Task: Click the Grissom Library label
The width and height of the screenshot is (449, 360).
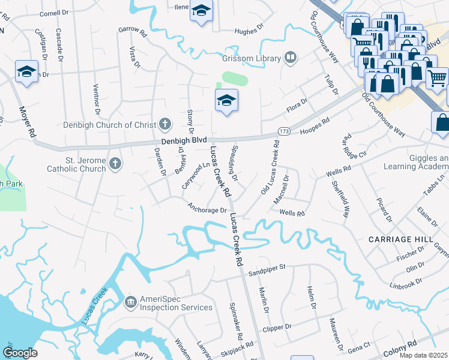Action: point(251,59)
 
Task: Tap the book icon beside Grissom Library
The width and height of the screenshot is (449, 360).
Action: point(291,58)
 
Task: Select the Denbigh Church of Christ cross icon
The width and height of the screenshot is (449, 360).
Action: point(166,124)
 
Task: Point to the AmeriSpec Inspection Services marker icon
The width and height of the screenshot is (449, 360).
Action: point(130,302)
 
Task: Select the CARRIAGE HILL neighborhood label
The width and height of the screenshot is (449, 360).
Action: point(400,239)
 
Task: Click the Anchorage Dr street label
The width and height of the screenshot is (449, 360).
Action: point(207,209)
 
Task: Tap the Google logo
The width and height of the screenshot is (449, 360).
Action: point(20,353)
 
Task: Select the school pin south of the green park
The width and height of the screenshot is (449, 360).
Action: point(227,100)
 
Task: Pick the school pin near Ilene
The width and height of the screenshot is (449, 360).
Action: point(201,10)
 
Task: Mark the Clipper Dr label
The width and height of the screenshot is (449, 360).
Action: point(277,328)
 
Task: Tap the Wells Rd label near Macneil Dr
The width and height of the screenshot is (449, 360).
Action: point(292,213)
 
